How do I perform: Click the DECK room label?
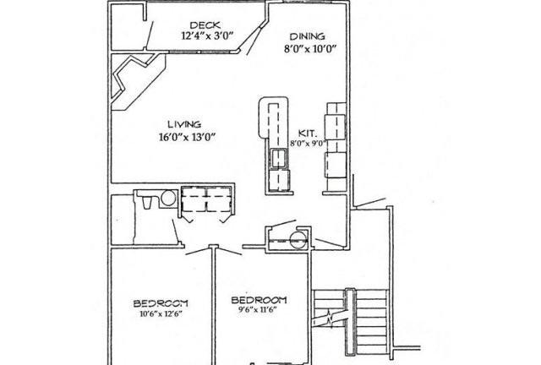(205, 25)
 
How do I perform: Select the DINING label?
(307, 36)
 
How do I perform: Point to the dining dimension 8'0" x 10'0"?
(310, 49)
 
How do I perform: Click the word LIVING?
(184, 124)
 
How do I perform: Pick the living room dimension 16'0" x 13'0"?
(188, 138)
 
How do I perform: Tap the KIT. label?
(306, 133)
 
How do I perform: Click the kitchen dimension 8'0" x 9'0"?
(308, 144)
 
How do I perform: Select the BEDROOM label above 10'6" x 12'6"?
(161, 303)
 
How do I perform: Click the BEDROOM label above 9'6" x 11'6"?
(259, 300)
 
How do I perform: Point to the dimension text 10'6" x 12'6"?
(161, 314)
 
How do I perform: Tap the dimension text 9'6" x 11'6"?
(258, 309)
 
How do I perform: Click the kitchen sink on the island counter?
(278, 158)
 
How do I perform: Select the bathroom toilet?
(147, 202)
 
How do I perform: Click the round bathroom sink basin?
(168, 199)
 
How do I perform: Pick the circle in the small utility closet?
(298, 239)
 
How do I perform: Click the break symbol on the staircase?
(331, 319)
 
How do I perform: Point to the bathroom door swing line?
(176, 231)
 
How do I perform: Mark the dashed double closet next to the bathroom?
(206, 199)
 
